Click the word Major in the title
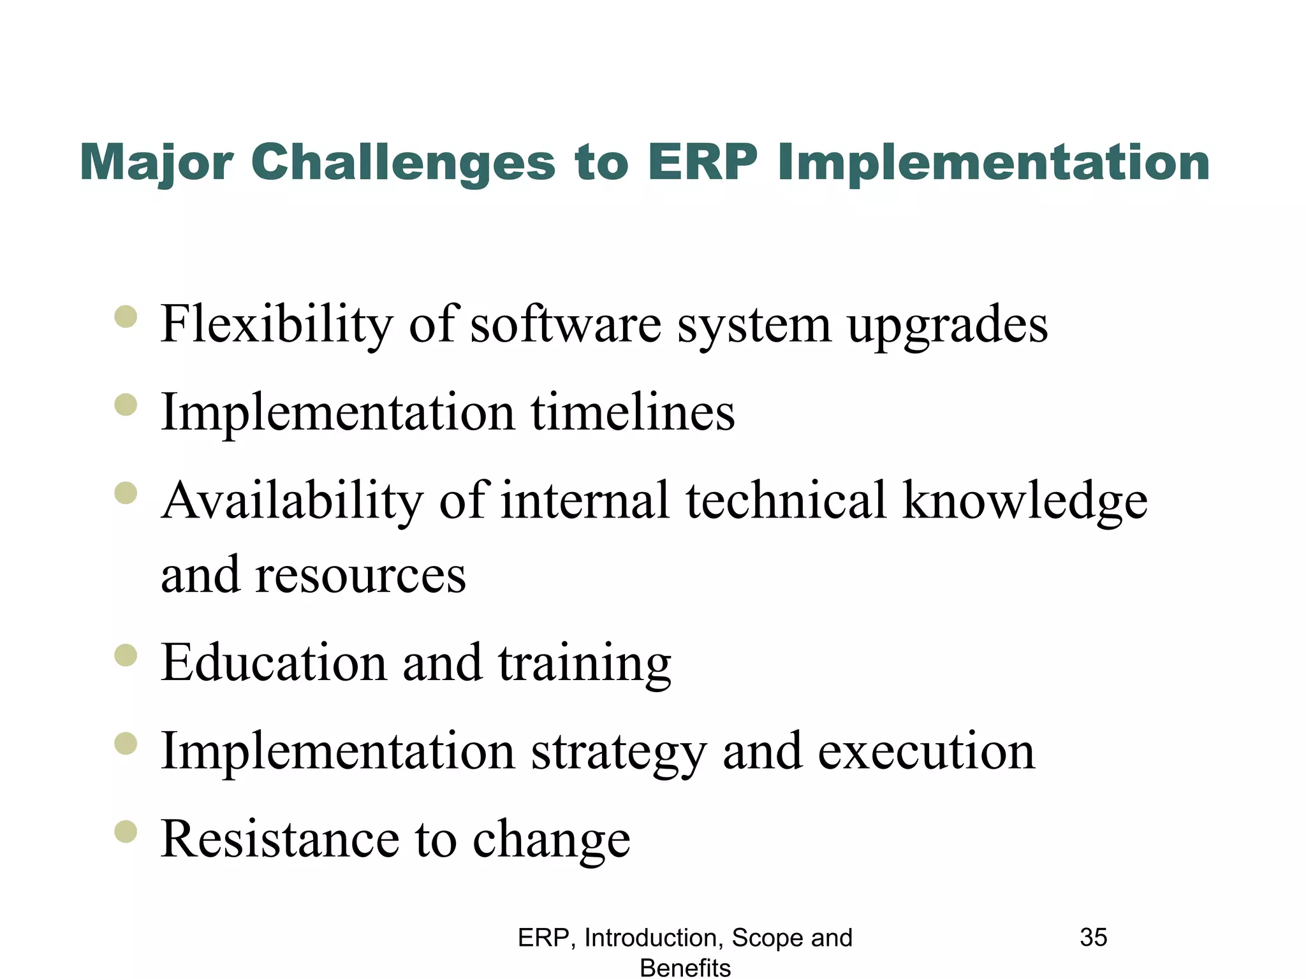tap(156, 163)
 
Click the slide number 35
tap(1093, 938)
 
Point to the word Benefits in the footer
tap(685, 968)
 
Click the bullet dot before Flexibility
tap(126, 317)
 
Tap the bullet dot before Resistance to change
tap(126, 831)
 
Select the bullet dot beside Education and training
tap(126, 655)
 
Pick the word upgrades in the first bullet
tap(948, 325)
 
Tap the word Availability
tap(292, 501)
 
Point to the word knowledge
tap(1025, 501)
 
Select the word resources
tap(360, 575)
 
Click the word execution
tap(926, 751)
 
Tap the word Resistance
tap(279, 838)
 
